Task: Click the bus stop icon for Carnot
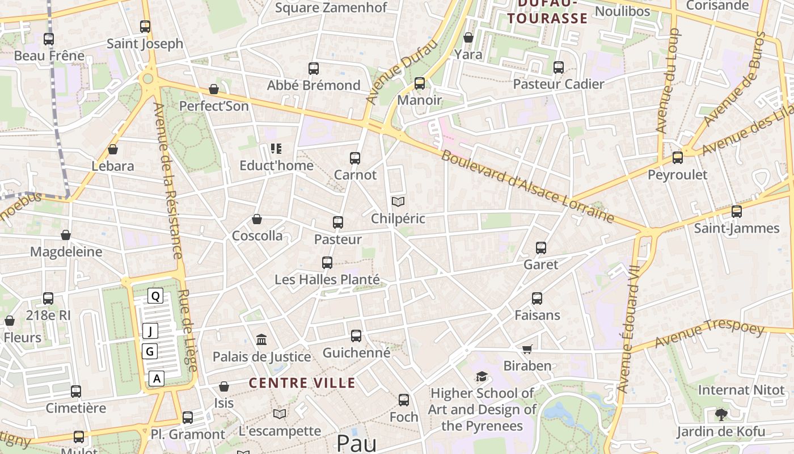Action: [355, 158]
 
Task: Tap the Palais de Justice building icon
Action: [261, 339]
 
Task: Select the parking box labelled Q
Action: [155, 296]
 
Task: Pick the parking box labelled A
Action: [157, 379]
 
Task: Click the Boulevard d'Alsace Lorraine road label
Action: [527, 186]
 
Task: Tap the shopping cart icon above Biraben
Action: [527, 349]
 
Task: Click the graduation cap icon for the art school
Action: [482, 377]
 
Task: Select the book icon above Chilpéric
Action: [398, 201]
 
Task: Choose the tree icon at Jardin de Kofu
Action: [721, 414]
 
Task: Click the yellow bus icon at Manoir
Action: [420, 83]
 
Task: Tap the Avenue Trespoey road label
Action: [709, 334]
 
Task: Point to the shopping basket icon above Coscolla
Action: [257, 219]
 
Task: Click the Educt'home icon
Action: [276, 149]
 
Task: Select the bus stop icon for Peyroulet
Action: [678, 158]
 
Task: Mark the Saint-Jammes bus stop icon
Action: [737, 212]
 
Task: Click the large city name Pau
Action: [356, 443]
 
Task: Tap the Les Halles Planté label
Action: [327, 280]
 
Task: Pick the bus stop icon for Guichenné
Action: [356, 336]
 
